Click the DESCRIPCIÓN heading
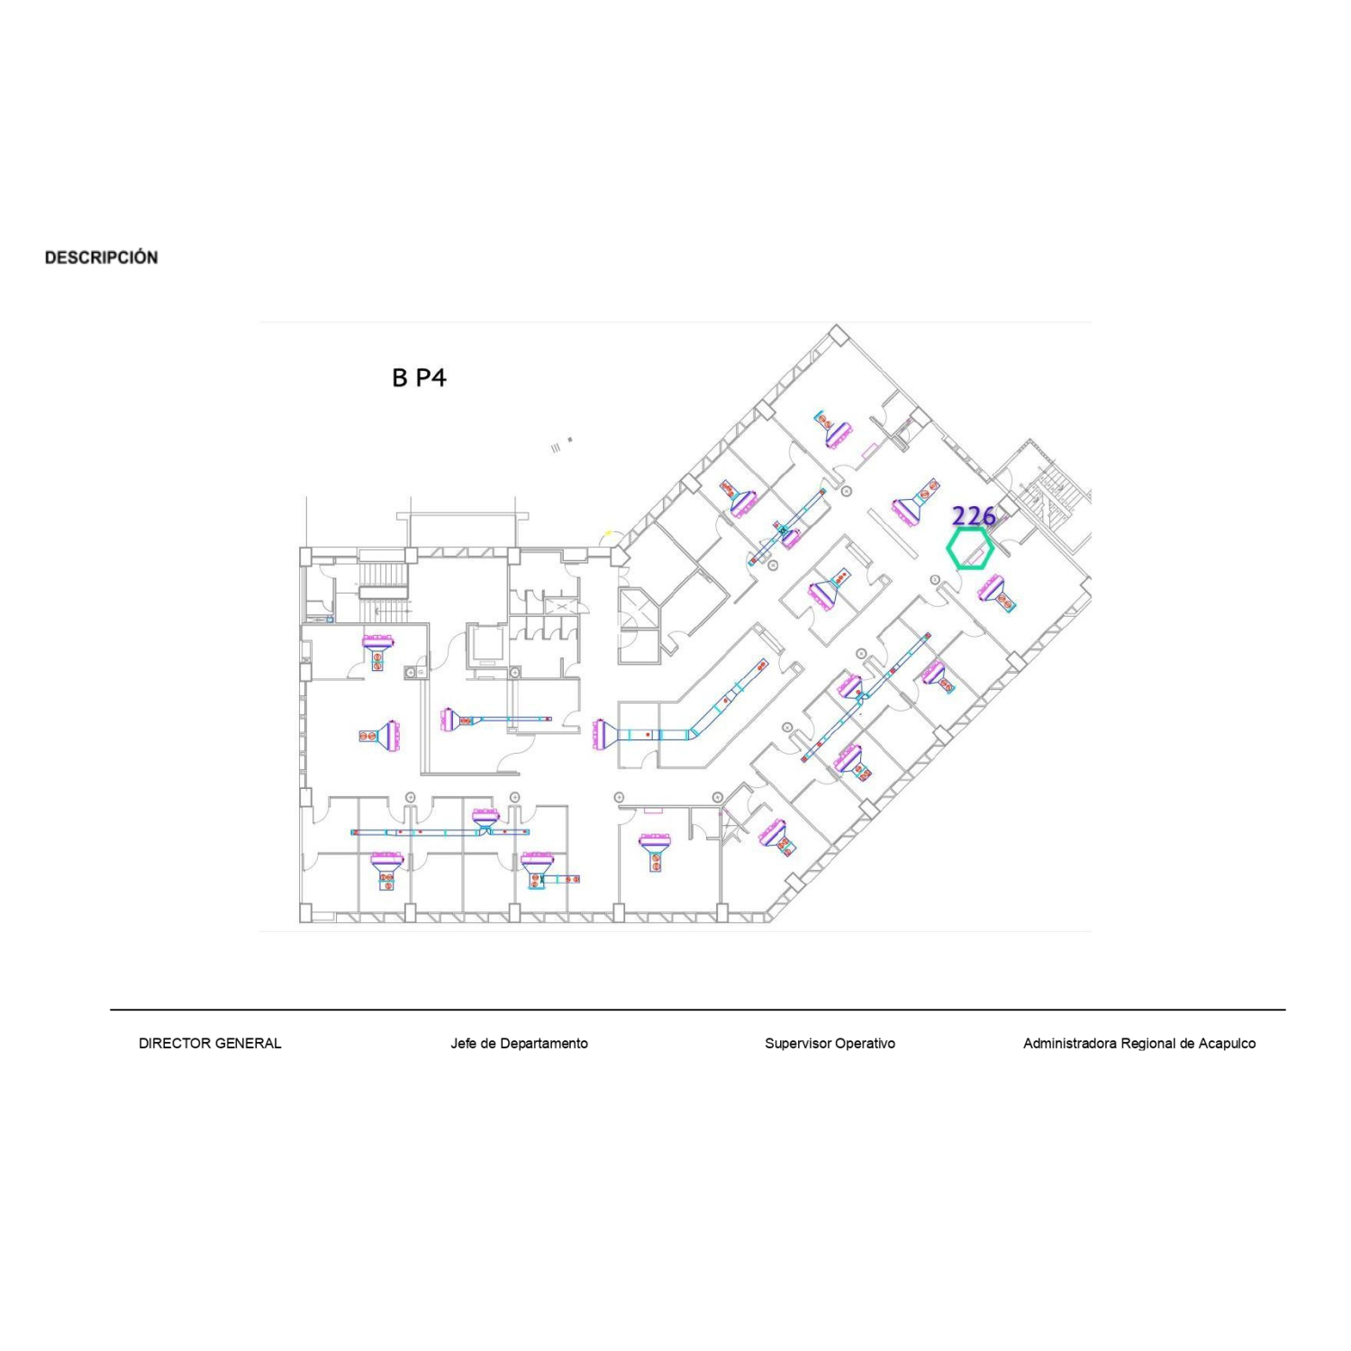[x=102, y=258]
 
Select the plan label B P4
[x=419, y=377]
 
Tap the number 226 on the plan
[x=974, y=516]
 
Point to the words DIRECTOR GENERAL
[x=210, y=1043]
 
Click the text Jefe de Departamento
[x=519, y=1043]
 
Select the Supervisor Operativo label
[x=830, y=1043]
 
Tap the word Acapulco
[x=1225, y=1043]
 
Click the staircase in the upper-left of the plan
[x=385, y=592]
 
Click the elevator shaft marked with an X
[x=562, y=609]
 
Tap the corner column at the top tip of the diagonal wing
[x=837, y=333]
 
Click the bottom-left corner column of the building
[x=305, y=913]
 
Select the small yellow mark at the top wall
[x=608, y=533]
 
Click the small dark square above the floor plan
[x=569, y=440]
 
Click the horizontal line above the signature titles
[x=698, y=1010]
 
